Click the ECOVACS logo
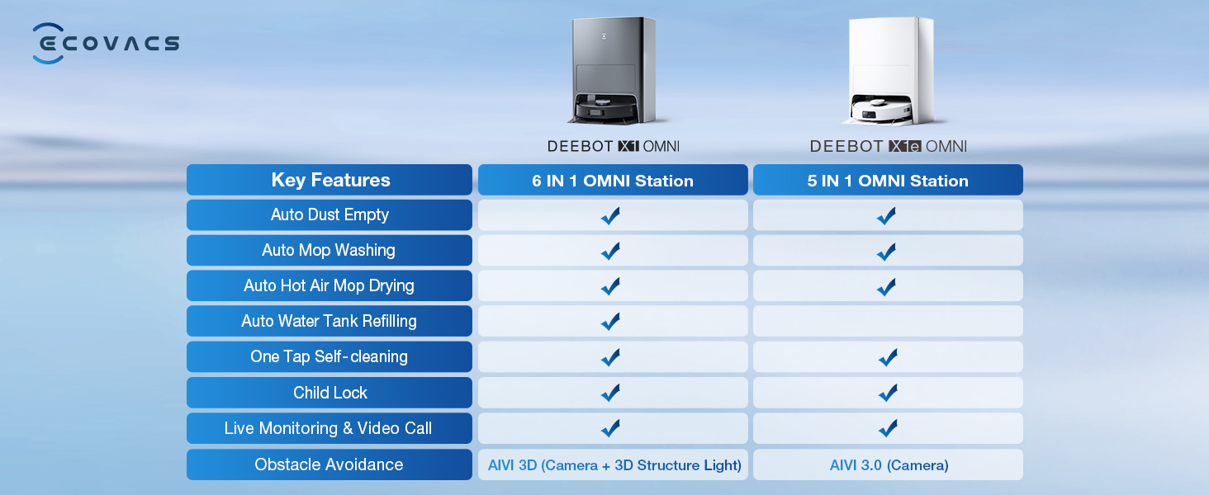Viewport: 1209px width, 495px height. pyautogui.click(x=106, y=43)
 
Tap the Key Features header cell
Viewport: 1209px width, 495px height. pyautogui.click(x=330, y=180)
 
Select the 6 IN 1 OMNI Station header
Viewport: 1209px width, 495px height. pyautogui.click(x=613, y=180)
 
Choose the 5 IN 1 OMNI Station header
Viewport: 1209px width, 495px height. pyautogui.click(x=888, y=180)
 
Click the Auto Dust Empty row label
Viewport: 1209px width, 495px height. pyautogui.click(x=330, y=215)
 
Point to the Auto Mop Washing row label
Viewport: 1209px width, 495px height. pyautogui.click(x=330, y=250)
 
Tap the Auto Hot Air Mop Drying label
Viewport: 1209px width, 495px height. pyautogui.click(x=330, y=285)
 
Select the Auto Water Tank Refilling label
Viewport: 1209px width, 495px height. pyautogui.click(x=330, y=322)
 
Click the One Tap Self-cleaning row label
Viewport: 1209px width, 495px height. pyautogui.click(x=330, y=357)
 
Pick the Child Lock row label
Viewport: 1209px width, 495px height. pyautogui.click(x=330, y=393)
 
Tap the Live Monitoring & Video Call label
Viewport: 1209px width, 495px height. pyautogui.click(x=330, y=429)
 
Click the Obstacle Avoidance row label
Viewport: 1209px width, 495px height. pyautogui.click(x=330, y=464)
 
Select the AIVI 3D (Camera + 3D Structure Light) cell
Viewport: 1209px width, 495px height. pyautogui.click(x=613, y=464)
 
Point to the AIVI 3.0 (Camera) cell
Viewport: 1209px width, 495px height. pyautogui.click(x=888, y=464)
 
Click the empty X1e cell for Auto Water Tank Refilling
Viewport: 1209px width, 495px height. pyautogui.click(x=888, y=322)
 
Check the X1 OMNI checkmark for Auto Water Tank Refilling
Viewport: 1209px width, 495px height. pyautogui.click(x=610, y=322)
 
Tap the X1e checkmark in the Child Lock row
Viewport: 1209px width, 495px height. pyautogui.click(x=888, y=393)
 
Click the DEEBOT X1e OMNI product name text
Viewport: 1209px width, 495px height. pyautogui.click(x=889, y=147)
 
